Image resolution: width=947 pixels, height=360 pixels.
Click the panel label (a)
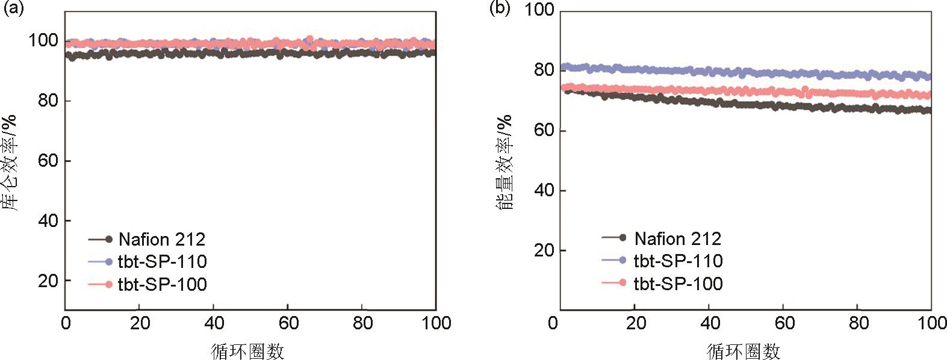point(13,8)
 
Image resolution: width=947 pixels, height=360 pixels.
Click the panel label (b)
point(500,8)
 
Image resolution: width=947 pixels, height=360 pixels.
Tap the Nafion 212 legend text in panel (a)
point(162,240)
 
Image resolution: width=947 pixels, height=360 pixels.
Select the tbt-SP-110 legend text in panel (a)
point(163,262)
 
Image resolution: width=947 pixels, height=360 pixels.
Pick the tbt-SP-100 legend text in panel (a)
point(163,284)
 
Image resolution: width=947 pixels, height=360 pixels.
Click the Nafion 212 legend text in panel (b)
point(677,239)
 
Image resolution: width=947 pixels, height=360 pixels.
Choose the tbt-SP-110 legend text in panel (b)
point(678,261)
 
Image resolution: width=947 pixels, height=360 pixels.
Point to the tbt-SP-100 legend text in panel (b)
point(678,283)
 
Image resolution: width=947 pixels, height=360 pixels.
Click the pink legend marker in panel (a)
point(108,284)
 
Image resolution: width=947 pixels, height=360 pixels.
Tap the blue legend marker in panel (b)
point(622,260)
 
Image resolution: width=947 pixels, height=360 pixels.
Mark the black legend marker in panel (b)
point(622,238)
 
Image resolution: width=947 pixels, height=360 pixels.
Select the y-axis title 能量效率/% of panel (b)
point(505,161)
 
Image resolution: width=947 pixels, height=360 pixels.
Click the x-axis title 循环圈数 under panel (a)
point(248,351)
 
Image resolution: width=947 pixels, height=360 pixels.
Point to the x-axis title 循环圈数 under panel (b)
point(744,351)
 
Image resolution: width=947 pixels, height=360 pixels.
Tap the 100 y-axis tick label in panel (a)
point(43,41)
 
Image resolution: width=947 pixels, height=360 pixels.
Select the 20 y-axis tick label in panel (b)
point(544,250)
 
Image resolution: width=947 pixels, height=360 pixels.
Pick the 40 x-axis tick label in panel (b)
point(710,323)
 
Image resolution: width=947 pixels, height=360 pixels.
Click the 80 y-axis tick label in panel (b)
point(544,70)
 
